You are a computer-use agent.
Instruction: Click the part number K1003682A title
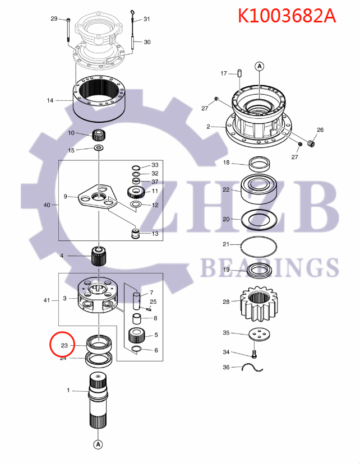pyautogui.click(x=287, y=15)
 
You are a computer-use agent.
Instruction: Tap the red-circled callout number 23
pyautogui.click(x=64, y=346)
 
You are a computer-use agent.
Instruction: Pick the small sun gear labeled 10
pyautogui.click(x=99, y=134)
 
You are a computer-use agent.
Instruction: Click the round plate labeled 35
pyautogui.click(x=259, y=333)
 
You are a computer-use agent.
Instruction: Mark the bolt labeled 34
pyautogui.click(x=254, y=354)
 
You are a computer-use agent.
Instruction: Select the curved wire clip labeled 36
pyautogui.click(x=252, y=368)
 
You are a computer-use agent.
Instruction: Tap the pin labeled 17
pyautogui.click(x=239, y=73)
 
